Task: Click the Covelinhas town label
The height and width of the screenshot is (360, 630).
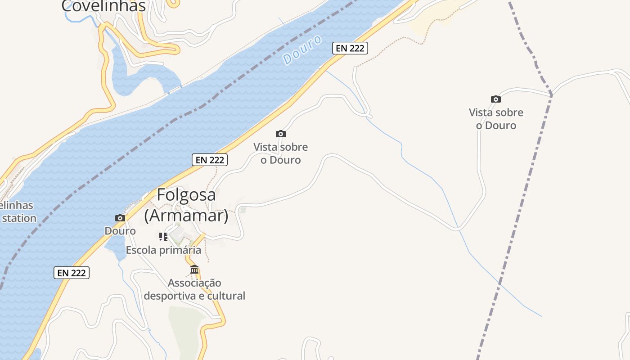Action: click(103, 6)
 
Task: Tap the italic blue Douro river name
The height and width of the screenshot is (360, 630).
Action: click(302, 49)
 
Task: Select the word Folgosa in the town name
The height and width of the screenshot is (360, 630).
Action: click(186, 195)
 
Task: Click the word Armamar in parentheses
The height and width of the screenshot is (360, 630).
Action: click(186, 216)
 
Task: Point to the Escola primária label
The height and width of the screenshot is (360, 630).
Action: click(163, 250)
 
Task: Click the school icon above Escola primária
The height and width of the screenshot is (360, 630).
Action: click(163, 236)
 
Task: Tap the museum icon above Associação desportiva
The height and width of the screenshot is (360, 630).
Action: click(194, 270)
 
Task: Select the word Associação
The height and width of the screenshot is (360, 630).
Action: click(194, 283)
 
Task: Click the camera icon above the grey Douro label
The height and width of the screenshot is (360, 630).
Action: click(120, 218)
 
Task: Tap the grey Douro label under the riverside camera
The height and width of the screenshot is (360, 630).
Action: click(120, 231)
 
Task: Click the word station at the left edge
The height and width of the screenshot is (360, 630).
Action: click(19, 218)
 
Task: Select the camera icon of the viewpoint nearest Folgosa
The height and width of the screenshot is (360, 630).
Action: click(281, 134)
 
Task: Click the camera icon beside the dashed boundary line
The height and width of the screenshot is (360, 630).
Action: click(496, 99)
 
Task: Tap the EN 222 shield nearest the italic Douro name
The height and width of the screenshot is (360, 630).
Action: click(350, 48)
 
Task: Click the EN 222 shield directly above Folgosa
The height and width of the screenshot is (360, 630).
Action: click(210, 160)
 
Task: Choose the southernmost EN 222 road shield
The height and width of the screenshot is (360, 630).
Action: click(72, 273)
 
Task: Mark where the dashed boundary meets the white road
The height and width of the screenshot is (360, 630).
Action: click(551, 94)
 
